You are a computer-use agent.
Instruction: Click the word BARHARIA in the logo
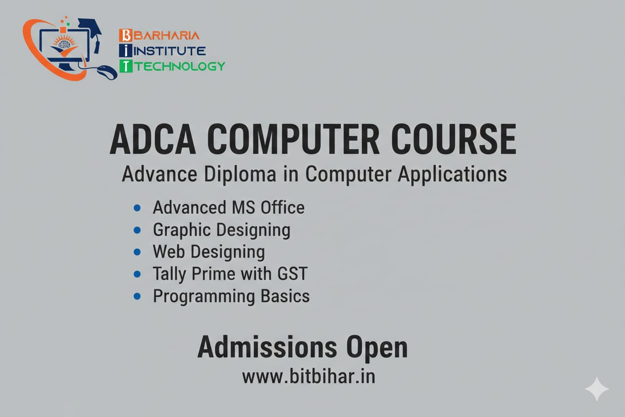(167, 36)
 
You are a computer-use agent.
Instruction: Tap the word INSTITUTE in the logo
(170, 51)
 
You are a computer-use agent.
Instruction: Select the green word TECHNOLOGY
(180, 66)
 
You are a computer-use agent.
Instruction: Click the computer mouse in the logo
(107, 72)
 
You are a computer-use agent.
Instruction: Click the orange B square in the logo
(126, 36)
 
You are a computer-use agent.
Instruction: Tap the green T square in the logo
(126, 66)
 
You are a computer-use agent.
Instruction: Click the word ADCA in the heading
(153, 139)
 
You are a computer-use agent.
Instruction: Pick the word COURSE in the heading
(454, 139)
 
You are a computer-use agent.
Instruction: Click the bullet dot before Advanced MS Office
(137, 208)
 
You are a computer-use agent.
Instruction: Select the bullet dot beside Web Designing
(137, 252)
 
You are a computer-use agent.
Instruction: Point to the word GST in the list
(292, 274)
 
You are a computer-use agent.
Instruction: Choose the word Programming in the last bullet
(204, 297)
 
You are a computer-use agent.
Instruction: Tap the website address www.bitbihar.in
(308, 376)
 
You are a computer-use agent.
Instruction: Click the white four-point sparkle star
(597, 389)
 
